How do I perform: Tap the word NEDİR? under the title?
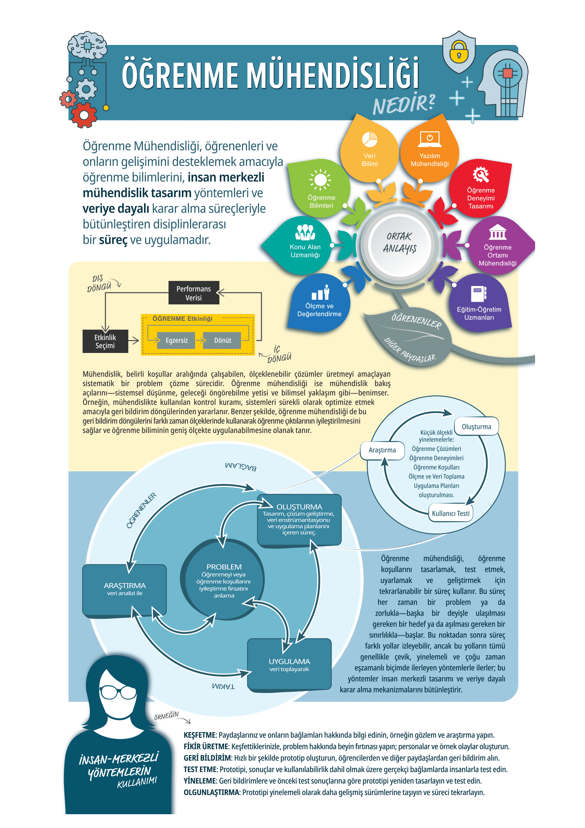404,104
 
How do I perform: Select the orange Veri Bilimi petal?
369,148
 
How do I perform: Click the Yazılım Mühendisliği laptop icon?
429,139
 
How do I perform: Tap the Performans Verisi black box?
194,292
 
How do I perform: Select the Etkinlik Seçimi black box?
105,341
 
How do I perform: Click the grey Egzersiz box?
176,340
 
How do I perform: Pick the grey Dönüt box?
222,340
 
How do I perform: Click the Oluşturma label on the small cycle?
476,426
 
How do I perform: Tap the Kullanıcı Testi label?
451,513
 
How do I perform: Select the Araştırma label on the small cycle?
382,450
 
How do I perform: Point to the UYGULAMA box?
289,665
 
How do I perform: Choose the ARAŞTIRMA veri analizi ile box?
124,590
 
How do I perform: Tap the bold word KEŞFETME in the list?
200,735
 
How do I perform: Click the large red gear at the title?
84,115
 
